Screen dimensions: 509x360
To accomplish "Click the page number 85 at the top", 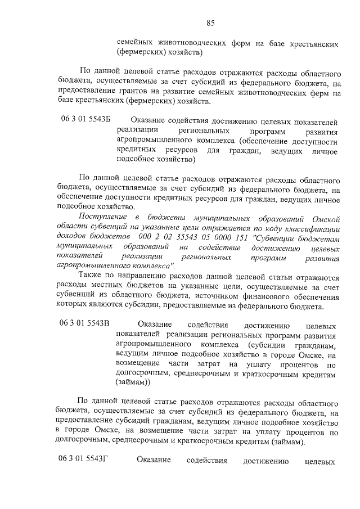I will (210, 23).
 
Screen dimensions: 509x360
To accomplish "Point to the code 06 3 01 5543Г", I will (83, 460).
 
